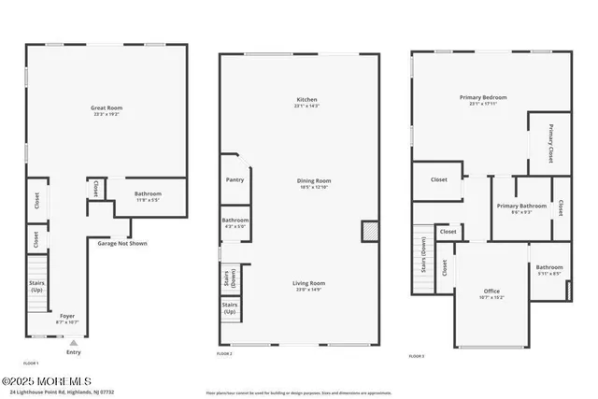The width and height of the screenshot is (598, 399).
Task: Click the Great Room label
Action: tap(107, 107)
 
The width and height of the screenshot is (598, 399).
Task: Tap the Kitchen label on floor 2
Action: tap(307, 98)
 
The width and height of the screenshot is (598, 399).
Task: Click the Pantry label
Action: tap(235, 179)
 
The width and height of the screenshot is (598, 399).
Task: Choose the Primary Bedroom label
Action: tap(481, 97)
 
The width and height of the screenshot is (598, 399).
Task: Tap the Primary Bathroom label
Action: tap(521, 206)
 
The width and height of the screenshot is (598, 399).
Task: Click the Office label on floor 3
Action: tap(491, 291)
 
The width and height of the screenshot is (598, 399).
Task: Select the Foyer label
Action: tap(67, 315)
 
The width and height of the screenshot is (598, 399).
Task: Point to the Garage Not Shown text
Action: tap(122, 244)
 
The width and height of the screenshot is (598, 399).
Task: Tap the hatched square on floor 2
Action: tap(369, 230)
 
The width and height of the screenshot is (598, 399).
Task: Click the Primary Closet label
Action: tap(551, 138)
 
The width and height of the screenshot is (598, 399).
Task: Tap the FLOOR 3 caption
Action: tap(417, 356)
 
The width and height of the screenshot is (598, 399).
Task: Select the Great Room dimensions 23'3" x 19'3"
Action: tap(107, 115)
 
